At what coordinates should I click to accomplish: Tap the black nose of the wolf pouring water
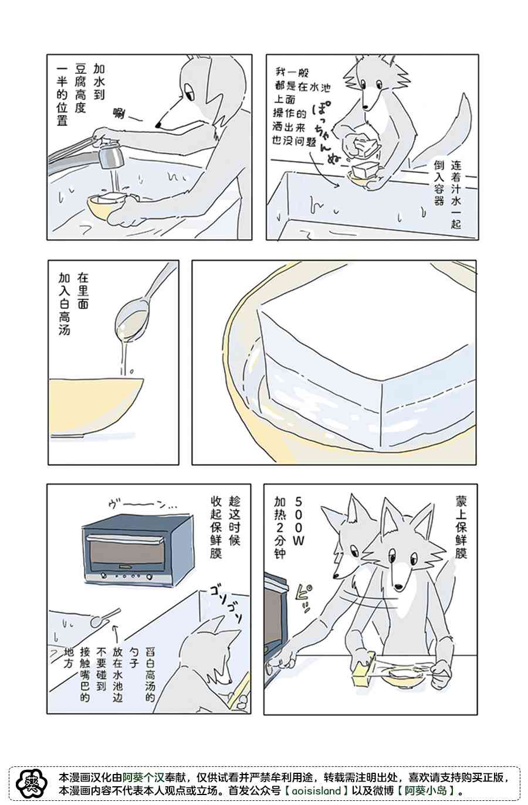click(158, 125)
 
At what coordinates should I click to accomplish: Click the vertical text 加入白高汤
click(64, 304)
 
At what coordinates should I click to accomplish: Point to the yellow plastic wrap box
click(364, 667)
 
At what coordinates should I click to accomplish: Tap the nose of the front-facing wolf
click(398, 587)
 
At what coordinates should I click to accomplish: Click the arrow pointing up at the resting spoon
click(116, 638)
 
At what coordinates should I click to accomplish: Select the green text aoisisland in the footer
click(316, 790)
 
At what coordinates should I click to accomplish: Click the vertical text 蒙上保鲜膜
click(461, 527)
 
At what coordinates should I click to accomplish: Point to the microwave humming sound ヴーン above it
click(142, 505)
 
